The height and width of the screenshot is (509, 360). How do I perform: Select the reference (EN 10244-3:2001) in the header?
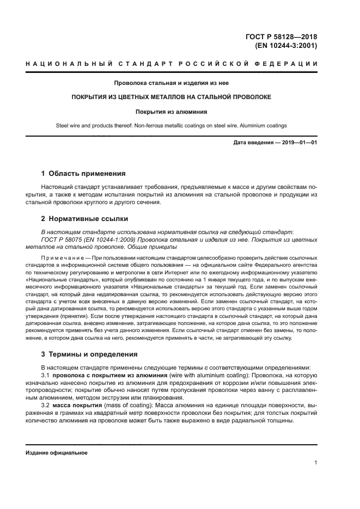click(x=286, y=46)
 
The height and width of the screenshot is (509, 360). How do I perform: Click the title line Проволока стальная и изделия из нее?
click(x=171, y=83)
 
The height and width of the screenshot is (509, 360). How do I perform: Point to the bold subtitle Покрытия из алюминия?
click(x=171, y=112)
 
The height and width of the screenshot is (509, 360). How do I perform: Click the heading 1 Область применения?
click(x=83, y=174)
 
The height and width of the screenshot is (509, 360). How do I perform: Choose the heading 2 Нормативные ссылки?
click(x=84, y=219)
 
